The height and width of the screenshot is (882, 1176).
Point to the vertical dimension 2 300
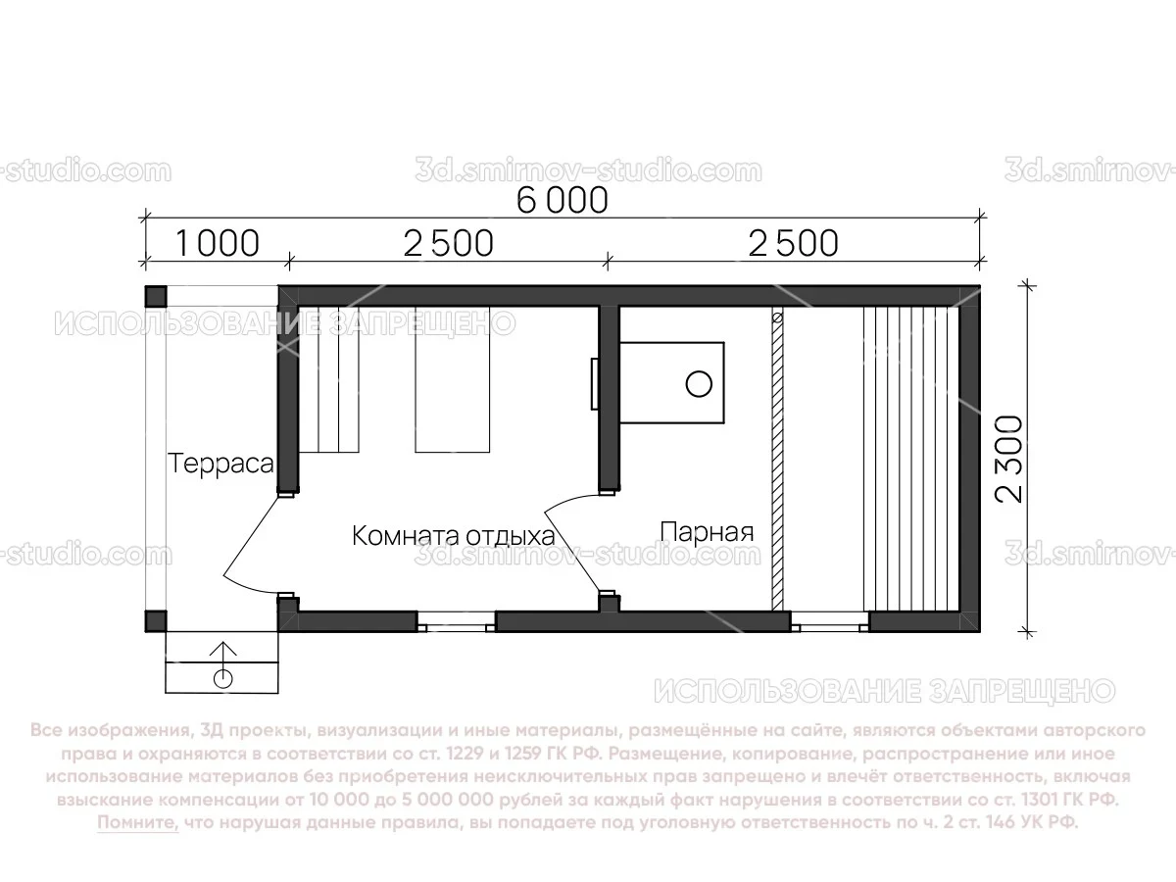[x=1009, y=458]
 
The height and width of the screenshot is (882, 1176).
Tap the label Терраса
[x=220, y=464]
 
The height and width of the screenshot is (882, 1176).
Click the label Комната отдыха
[x=453, y=536]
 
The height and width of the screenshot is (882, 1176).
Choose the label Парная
[x=707, y=532]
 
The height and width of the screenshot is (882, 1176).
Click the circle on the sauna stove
[x=698, y=383]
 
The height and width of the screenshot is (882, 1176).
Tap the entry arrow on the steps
[x=223, y=652]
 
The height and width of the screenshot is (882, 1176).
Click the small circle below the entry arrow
[x=223, y=678]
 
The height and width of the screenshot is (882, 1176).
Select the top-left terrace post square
[x=156, y=295]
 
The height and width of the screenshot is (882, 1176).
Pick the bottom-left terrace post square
[x=156, y=621]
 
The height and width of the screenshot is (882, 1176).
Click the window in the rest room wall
[x=456, y=620]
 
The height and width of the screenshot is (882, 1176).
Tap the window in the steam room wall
[x=829, y=620]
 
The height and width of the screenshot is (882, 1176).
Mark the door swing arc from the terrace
[x=245, y=549]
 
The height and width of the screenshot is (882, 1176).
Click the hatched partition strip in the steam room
[x=778, y=461]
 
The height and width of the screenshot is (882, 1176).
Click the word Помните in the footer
[x=137, y=823]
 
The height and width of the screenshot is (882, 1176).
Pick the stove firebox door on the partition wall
[x=595, y=383]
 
